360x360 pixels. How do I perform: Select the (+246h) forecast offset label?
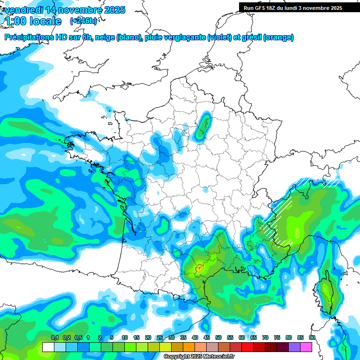point(83,21)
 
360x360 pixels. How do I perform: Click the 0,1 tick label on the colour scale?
point(54,338)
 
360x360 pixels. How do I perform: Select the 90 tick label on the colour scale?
point(312,338)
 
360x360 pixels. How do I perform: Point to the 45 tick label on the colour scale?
point(207,338)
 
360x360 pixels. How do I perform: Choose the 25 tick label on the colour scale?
point(160,338)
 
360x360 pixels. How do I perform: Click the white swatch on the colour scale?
point(48,347)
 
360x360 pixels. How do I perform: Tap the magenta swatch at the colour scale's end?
point(306,347)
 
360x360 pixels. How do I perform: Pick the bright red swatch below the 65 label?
point(247,347)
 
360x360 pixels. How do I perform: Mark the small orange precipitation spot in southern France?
point(199,269)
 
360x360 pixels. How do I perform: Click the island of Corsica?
point(325,293)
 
